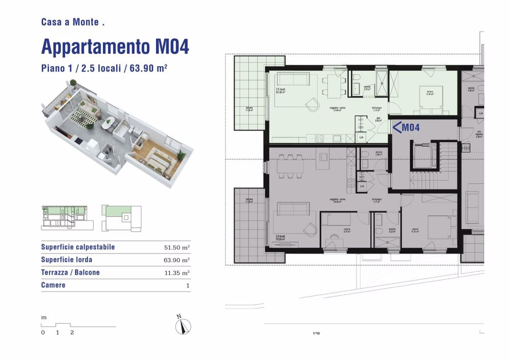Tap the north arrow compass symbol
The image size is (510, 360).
[x=182, y=325]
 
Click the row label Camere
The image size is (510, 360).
[x=53, y=285]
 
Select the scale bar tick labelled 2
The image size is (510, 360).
[x=72, y=332]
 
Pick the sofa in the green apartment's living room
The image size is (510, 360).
[x=293, y=81]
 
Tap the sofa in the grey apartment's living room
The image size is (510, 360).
[x=293, y=209]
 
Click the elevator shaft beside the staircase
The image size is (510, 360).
[x=425, y=155]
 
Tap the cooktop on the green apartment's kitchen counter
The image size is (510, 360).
[x=321, y=137]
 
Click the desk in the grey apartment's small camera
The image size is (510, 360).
[x=334, y=236]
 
